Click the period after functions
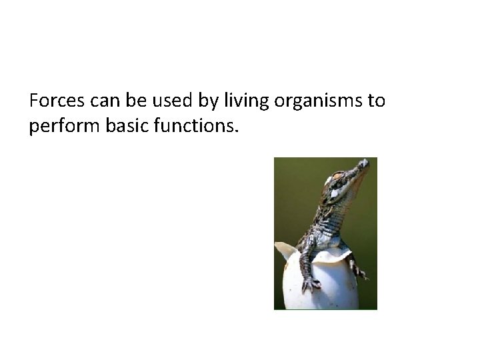click(235, 130)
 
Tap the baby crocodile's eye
click(335, 178)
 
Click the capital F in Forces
click(34, 101)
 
